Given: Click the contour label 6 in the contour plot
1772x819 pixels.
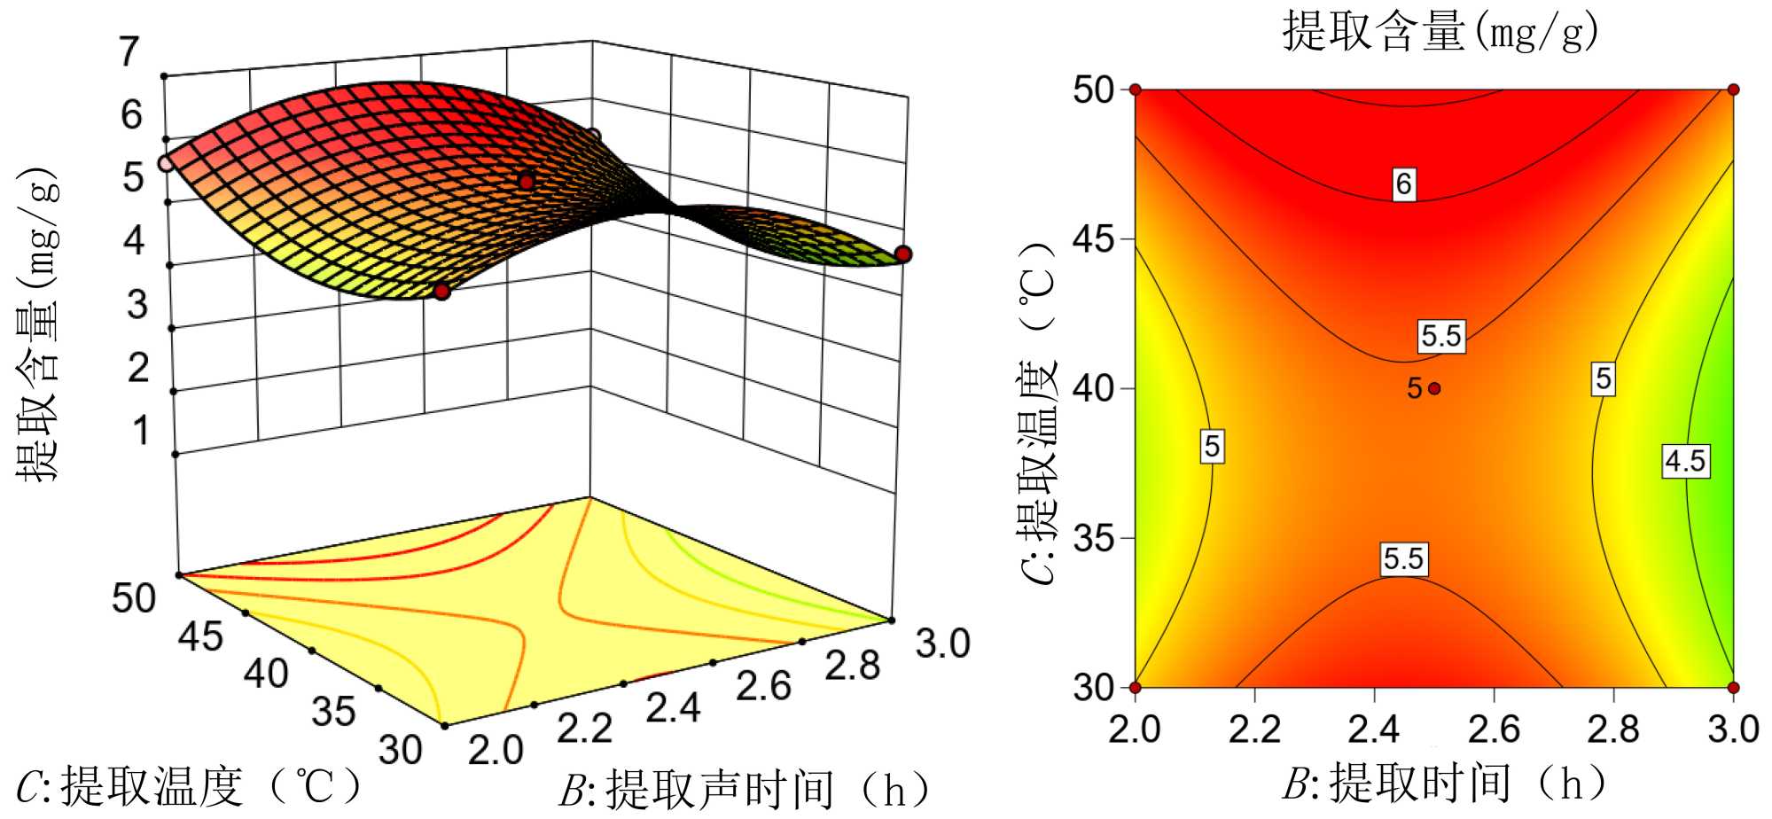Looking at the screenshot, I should pyautogui.click(x=1403, y=184).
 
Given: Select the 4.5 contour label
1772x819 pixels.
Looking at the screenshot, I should pyautogui.click(x=1684, y=461).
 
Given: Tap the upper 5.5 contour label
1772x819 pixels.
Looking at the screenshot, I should pyautogui.click(x=1440, y=336).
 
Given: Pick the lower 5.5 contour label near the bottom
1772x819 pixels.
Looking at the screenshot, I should pyautogui.click(x=1403, y=558).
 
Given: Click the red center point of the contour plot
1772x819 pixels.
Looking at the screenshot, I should pyautogui.click(x=1434, y=388).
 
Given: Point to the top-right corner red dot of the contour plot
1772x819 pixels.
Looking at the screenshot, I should pyautogui.click(x=1733, y=90).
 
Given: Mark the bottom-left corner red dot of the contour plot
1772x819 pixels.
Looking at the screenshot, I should pyautogui.click(x=1136, y=687).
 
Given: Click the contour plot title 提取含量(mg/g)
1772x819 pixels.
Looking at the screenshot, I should pyautogui.click(x=1440, y=33).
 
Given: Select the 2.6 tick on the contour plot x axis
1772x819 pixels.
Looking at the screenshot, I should pyautogui.click(x=1494, y=729).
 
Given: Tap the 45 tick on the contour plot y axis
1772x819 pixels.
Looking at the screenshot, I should pyautogui.click(x=1093, y=239).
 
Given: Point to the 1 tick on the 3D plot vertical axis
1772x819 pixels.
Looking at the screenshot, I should pyautogui.click(x=140, y=431).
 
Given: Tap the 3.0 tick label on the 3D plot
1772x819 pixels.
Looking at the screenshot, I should pyautogui.click(x=942, y=643).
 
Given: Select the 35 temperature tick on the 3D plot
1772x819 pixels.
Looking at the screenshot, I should pyautogui.click(x=333, y=711).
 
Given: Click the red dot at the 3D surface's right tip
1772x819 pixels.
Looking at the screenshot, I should pyautogui.click(x=903, y=254).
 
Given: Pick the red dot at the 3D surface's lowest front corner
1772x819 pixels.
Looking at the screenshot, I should pyautogui.click(x=441, y=292).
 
